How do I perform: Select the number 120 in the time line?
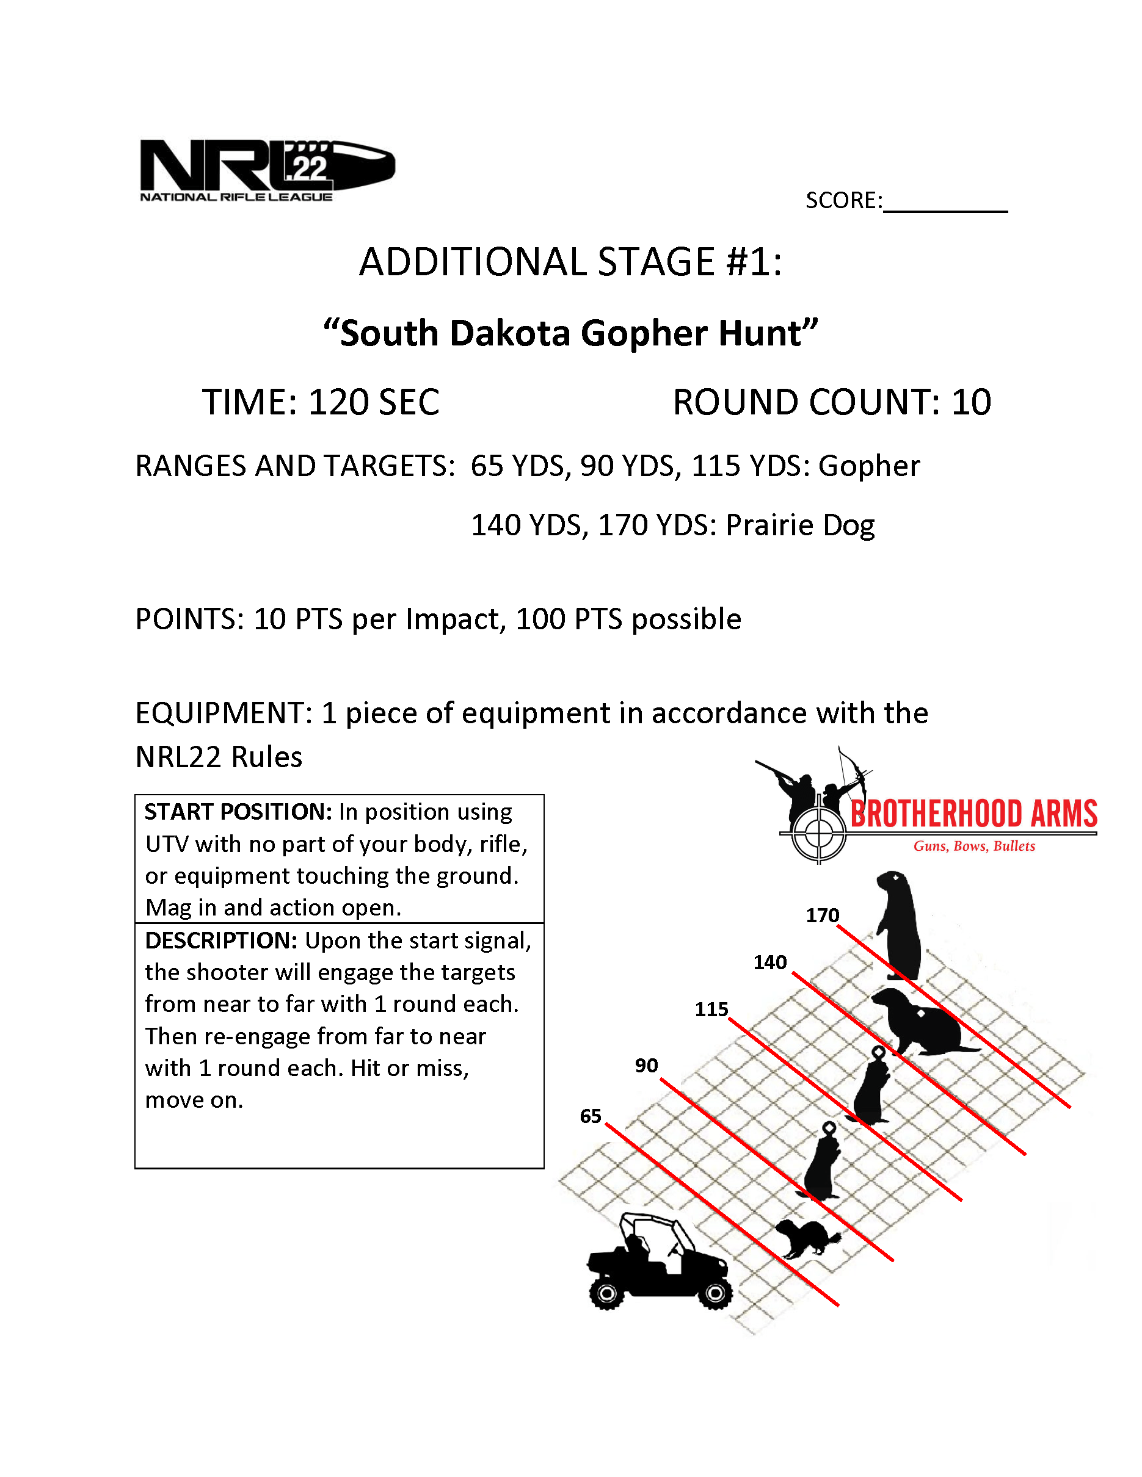(x=337, y=402)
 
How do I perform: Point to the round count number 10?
(x=971, y=402)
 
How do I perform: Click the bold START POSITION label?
(x=238, y=812)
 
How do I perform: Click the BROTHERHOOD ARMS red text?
(x=973, y=814)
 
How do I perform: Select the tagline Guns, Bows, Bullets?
(x=973, y=846)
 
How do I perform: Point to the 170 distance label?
(x=822, y=915)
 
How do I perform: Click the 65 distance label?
(x=590, y=1116)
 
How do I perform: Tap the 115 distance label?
(x=711, y=1009)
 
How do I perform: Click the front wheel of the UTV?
(x=715, y=1294)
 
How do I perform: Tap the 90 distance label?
(x=646, y=1066)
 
